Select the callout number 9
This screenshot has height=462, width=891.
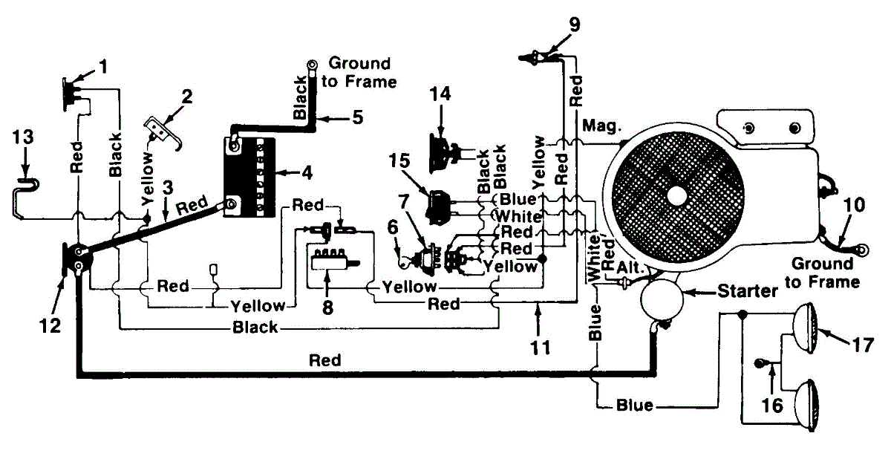pos(575,23)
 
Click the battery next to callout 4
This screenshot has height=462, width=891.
pos(249,175)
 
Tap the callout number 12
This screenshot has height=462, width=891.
pos(50,325)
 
